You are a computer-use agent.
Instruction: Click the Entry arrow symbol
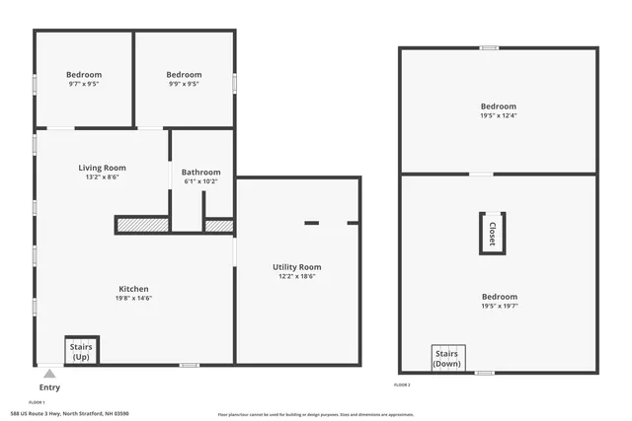pyautogui.click(x=49, y=374)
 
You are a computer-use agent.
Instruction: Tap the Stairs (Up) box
pyautogui.click(x=81, y=351)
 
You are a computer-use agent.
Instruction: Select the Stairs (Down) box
pyautogui.click(x=447, y=358)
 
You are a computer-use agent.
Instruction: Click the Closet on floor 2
pyautogui.click(x=492, y=234)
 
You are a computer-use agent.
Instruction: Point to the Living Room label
pyautogui.click(x=102, y=168)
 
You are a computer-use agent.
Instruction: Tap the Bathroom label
pyautogui.click(x=200, y=173)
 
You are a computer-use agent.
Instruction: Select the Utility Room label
pyautogui.click(x=296, y=266)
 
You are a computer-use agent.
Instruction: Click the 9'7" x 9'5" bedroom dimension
pyautogui.click(x=84, y=85)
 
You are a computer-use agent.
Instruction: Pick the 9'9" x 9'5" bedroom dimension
pyautogui.click(x=184, y=85)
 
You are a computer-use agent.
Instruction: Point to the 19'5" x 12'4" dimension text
pyautogui.click(x=499, y=116)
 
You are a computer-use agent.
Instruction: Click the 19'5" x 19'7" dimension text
pyautogui.click(x=499, y=307)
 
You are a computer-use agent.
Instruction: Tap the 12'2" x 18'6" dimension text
pyautogui.click(x=296, y=276)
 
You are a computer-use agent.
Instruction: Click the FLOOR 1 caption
pyautogui.click(x=37, y=402)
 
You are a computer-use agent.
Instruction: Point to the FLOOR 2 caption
pyautogui.click(x=402, y=384)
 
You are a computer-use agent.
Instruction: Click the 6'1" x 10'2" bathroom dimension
pyautogui.click(x=200, y=182)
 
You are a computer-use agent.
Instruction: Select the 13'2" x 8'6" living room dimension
pyautogui.click(x=102, y=178)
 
